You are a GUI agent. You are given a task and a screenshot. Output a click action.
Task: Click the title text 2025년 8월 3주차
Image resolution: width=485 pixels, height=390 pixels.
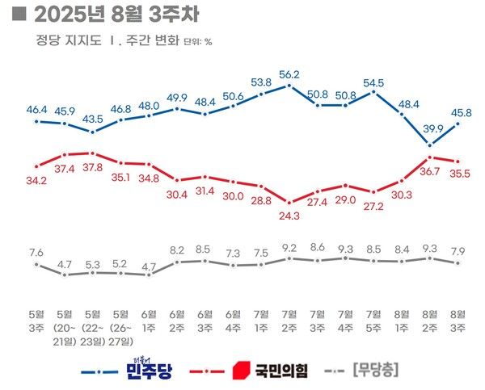tap(116, 15)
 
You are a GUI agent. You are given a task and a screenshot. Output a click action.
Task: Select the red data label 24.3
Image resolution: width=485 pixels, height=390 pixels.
tap(289, 216)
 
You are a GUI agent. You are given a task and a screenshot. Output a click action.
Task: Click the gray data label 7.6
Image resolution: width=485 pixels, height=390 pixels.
tap(36, 253)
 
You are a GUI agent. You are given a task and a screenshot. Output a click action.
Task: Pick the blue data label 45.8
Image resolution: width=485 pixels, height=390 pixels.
tap(460, 111)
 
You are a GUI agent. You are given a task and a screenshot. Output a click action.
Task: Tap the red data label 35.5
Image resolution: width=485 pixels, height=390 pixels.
tap(460, 172)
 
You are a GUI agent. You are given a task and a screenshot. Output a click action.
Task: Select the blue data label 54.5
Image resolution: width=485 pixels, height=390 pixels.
tap(373, 82)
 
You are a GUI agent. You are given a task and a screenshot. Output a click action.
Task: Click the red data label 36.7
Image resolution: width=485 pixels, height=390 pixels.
tap(430, 172)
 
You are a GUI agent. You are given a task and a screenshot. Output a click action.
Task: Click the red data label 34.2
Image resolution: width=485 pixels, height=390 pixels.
tap(36, 178)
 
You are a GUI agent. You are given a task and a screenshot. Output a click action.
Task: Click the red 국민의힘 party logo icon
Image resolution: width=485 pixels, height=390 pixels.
tap(240, 371)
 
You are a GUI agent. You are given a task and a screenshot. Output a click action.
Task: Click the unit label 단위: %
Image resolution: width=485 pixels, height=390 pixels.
tap(197, 42)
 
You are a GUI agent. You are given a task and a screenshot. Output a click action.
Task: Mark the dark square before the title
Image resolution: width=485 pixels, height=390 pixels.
tap(22, 15)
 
